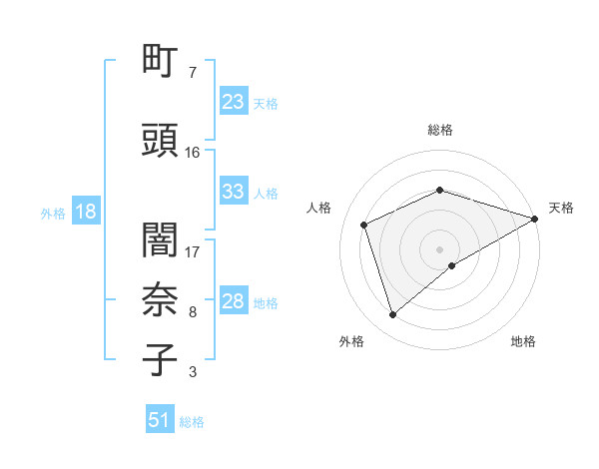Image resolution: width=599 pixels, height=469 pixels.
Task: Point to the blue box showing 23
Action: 233,102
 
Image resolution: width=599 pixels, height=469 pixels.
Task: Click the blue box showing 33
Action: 233,192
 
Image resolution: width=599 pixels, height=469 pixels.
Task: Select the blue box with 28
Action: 233,301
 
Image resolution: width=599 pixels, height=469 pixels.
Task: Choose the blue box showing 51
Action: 160,420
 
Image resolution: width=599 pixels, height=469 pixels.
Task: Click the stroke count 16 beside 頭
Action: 193,153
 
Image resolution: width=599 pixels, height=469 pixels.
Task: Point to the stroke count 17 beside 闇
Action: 193,252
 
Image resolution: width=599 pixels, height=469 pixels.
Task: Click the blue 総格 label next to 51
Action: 192,421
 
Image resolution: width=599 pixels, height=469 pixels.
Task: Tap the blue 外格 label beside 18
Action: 53,213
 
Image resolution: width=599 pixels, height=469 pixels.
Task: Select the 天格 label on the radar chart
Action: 561,208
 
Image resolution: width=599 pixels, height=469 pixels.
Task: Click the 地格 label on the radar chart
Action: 523,341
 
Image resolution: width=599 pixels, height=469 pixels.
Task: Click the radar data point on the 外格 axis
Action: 392,315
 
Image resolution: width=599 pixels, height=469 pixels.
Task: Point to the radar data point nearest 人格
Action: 364,225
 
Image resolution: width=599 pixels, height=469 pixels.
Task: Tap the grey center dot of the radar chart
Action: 439,248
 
